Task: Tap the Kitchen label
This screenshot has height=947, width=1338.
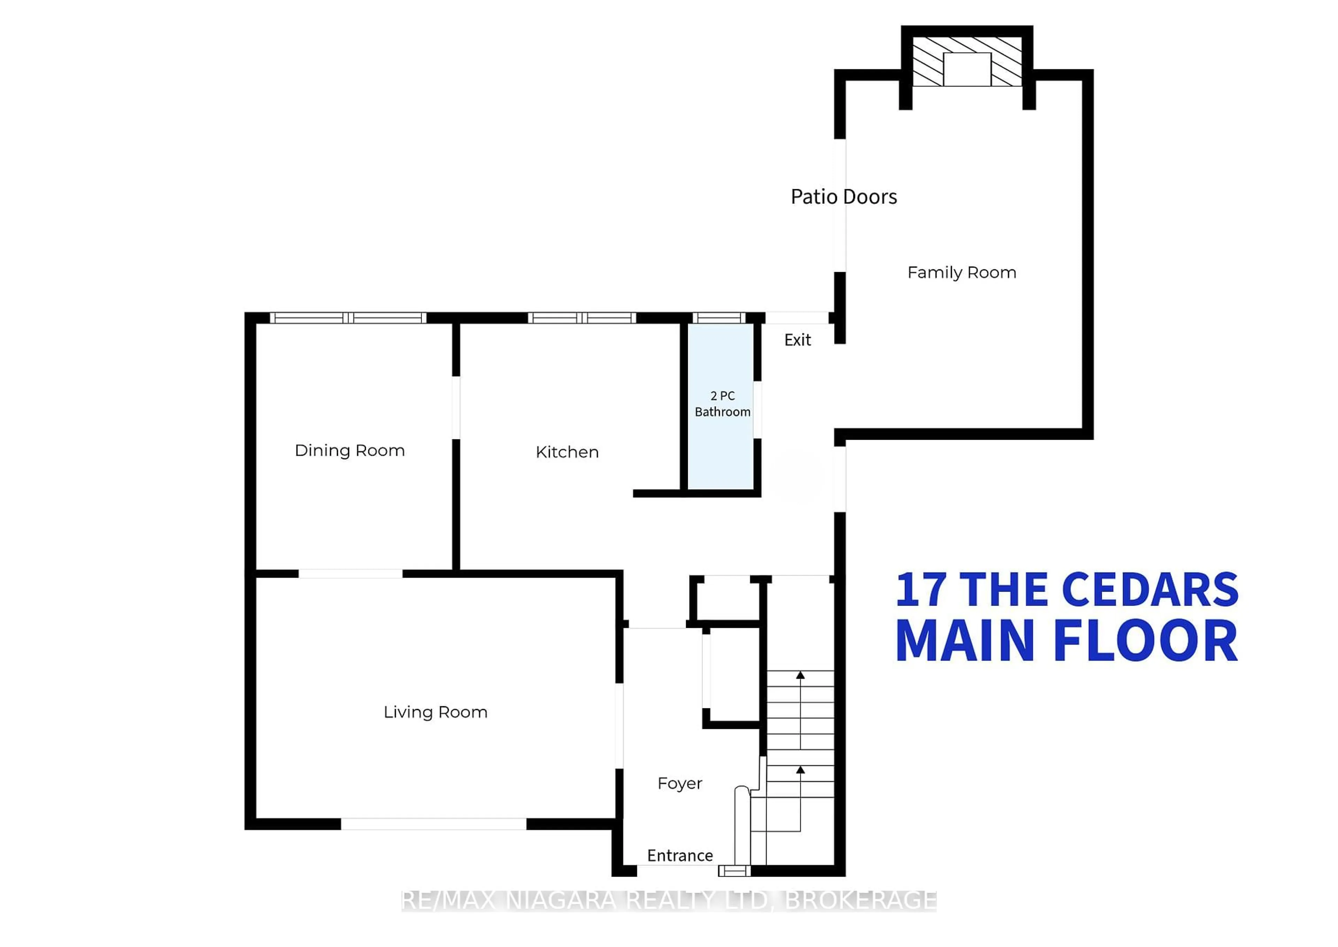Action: click(567, 453)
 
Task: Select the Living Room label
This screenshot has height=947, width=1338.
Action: click(435, 712)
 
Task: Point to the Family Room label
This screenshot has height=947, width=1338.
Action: click(961, 272)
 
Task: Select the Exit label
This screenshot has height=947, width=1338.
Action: click(797, 340)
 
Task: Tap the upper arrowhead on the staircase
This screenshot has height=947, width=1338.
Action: click(800, 675)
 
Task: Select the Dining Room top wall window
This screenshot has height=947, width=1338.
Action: click(348, 318)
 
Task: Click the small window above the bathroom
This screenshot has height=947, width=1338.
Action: click(719, 318)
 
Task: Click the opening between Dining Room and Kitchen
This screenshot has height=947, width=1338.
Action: click(456, 408)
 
